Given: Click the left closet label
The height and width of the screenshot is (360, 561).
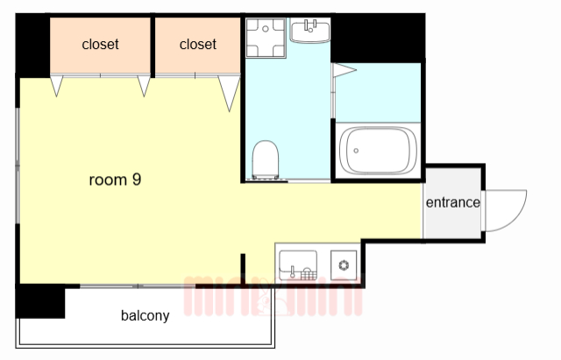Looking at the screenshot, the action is pos(100,45).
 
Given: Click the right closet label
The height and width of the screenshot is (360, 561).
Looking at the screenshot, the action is pos(198,45).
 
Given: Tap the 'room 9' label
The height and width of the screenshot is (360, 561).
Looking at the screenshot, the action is pos(115,180).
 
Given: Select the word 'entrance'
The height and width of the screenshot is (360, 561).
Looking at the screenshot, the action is pos(452,202).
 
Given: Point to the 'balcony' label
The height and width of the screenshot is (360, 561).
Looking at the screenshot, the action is pos(145,315).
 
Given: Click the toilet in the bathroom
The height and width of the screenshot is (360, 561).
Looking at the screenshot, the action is pos(265,159).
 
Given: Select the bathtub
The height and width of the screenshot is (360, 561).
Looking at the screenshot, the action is pos(378,151).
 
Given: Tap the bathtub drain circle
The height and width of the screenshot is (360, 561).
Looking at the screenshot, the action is pos(356,151).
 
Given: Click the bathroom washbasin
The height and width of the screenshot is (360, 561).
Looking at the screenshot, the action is pos(309,32).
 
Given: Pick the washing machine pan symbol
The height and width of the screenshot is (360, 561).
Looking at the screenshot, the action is pos(266,38).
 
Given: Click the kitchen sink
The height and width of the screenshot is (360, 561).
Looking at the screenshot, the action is pos(298,265).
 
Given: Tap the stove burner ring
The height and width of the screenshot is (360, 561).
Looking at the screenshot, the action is pos(344,265).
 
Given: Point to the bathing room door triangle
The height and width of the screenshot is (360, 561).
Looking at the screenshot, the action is pos(344,70).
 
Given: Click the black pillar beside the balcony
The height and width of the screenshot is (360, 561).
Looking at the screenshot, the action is pos(40,302).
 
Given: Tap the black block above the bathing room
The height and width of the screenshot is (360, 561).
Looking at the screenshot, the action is pos(378,38).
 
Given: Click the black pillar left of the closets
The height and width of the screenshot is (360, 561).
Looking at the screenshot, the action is pos(32,46).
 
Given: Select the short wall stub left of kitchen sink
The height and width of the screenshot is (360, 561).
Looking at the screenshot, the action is pos(243,269).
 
